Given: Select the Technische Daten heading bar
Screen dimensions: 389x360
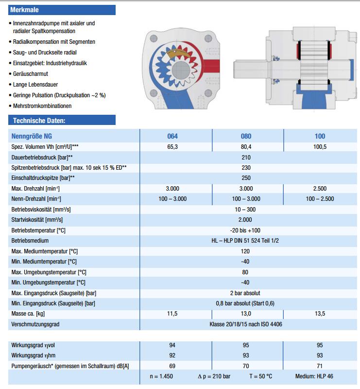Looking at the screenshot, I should click(38, 120).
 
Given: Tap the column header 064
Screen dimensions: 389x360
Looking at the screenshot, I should click(172, 136).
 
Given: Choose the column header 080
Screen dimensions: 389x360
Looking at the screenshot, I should click(246, 136).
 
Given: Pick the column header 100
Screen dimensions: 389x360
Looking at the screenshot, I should click(320, 136).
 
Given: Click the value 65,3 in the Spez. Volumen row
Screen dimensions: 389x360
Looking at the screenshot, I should click(172, 146).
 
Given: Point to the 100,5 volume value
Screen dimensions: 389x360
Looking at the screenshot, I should click(320, 146).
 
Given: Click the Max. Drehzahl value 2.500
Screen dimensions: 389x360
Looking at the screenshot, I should click(320, 188).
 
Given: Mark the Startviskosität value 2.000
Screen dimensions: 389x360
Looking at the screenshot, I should click(245, 220).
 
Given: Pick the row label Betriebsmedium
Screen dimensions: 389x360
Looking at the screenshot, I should click(30, 241).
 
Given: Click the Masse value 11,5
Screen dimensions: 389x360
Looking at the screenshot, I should click(172, 314).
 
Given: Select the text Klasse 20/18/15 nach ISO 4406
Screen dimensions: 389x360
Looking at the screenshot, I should click(245, 324).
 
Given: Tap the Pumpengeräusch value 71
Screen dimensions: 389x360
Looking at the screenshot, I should click(320, 366).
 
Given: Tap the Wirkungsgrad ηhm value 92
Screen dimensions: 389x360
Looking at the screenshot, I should click(172, 355).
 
